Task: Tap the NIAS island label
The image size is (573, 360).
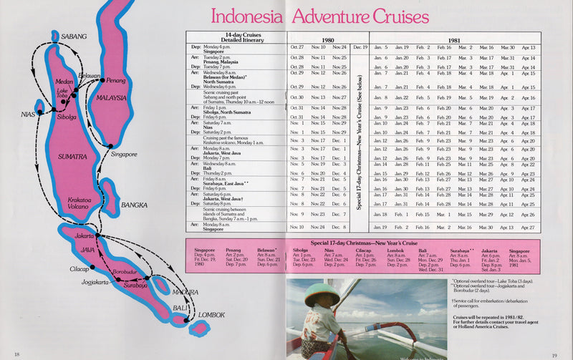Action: (27, 114)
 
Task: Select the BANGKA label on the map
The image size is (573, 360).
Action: (134, 205)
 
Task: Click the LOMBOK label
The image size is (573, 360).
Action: (211, 315)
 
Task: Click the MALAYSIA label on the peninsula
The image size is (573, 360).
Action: (111, 98)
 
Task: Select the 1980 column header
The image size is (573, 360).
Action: (327, 40)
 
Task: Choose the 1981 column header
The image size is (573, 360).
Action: (454, 40)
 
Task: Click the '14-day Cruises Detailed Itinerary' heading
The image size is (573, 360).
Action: (236, 37)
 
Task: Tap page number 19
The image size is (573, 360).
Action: (554, 354)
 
